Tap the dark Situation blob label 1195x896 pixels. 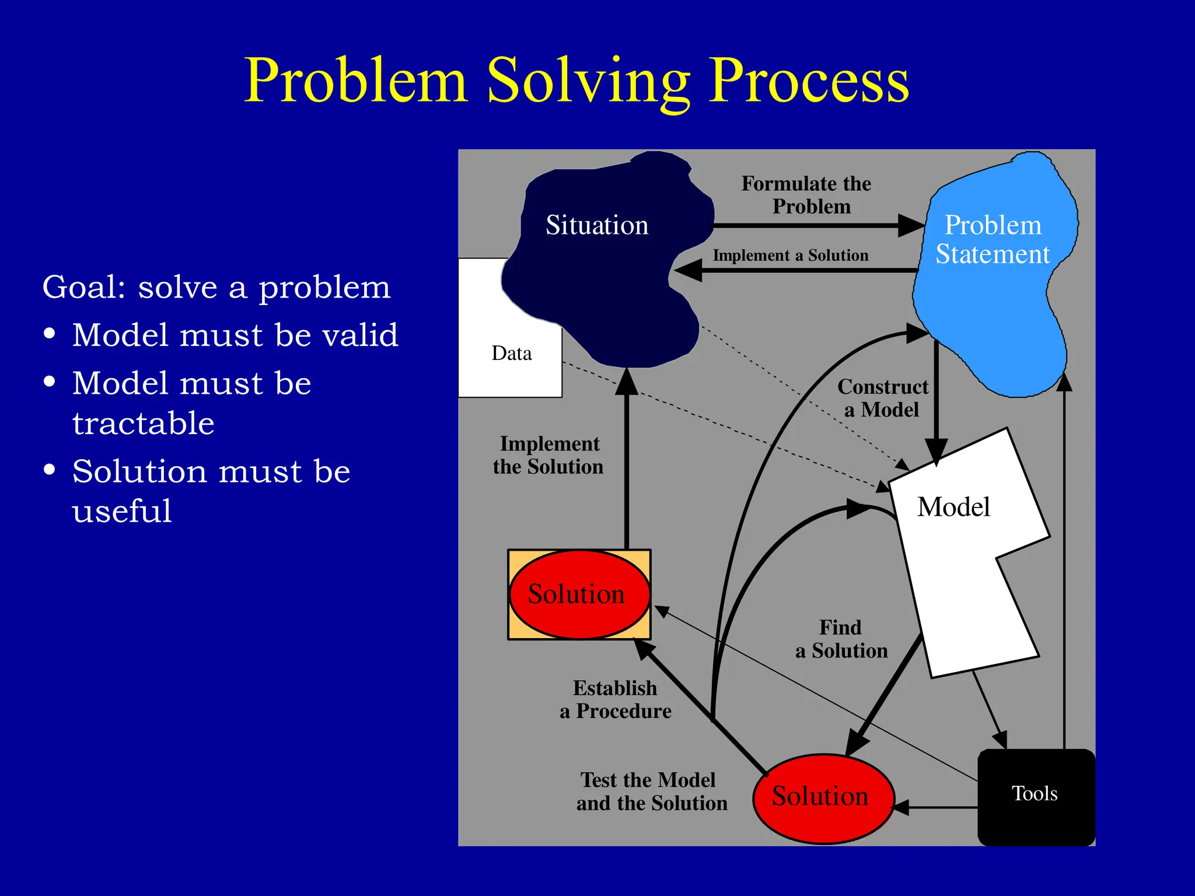pos(596,225)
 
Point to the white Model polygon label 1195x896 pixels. pos(953,506)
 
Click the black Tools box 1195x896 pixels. pos(1035,794)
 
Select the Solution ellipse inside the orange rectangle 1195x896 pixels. pos(576,594)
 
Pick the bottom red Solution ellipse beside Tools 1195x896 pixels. pos(820,797)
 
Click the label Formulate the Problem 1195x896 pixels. pos(807,195)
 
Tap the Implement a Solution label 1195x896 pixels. pos(791,256)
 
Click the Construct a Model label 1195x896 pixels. pos(882,398)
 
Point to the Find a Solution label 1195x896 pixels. pos(841,639)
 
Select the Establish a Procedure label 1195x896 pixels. pos(616,699)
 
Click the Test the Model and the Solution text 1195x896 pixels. pos(651,792)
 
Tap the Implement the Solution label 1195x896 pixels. pos(548,455)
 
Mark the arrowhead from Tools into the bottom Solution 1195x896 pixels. pos(902,808)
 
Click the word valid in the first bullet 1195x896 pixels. pos(360,335)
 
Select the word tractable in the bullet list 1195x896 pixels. pos(143,423)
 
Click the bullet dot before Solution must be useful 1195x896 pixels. pos(50,469)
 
